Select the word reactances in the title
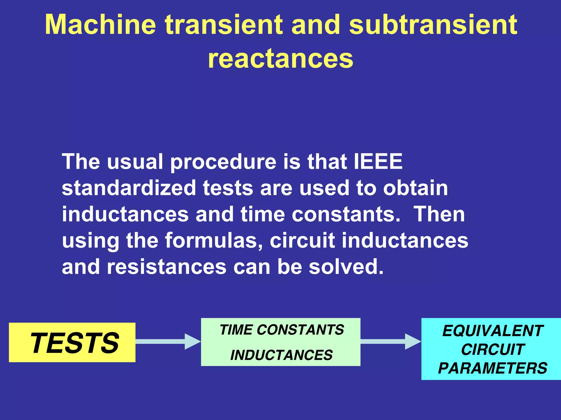point(280,58)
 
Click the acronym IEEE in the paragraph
point(378,162)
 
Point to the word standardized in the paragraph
point(129,188)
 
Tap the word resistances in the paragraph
point(167,267)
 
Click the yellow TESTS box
point(72,343)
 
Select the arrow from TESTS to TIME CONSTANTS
point(168,341)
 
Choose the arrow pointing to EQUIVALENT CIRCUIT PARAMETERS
point(390,341)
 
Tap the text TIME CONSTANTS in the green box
point(282,330)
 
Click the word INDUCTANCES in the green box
point(281,355)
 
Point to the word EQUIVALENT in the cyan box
point(493,331)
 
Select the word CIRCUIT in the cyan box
point(493,350)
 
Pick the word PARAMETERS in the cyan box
point(493,368)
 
